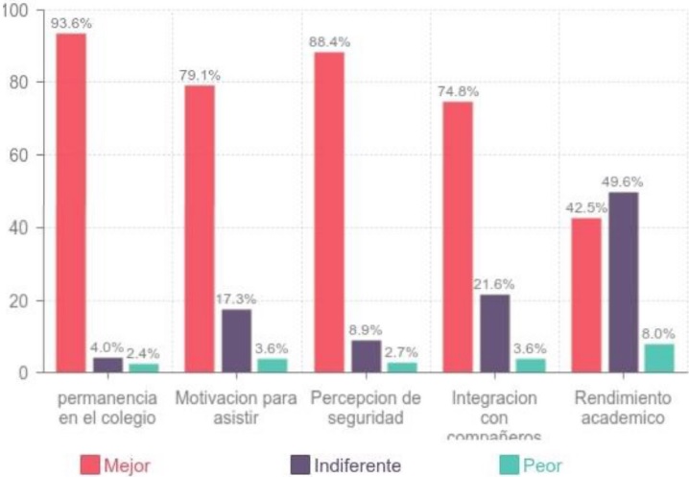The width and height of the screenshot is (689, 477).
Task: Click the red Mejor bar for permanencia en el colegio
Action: pos(71,203)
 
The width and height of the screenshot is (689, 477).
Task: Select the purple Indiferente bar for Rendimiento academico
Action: pos(623,282)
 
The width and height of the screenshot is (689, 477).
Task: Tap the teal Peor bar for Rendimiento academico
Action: pos(658,358)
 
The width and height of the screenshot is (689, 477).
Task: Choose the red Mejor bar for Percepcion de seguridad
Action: pos(329,212)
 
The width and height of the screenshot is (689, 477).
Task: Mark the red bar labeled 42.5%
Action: pos(586,295)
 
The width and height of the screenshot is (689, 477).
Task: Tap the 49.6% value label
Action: pos(624,181)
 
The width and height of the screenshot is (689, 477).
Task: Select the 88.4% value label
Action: pos(329,42)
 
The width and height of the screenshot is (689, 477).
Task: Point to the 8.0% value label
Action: pos(658,333)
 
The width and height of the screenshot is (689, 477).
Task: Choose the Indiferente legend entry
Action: pos(346,465)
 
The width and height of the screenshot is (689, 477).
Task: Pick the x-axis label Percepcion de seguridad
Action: pos(366,406)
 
